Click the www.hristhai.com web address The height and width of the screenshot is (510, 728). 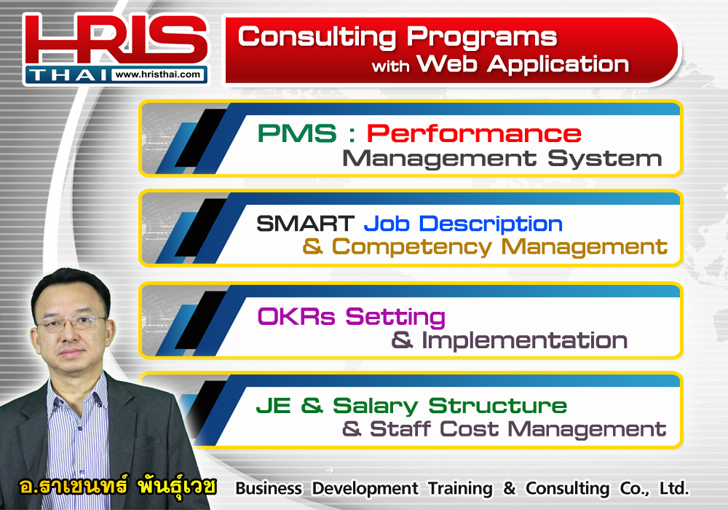(x=157, y=74)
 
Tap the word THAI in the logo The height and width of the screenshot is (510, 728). (x=68, y=75)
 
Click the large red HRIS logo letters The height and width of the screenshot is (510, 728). (x=116, y=39)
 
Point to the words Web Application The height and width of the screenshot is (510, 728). (x=523, y=63)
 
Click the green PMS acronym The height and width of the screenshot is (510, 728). (x=297, y=133)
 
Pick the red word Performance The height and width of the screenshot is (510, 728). (x=474, y=134)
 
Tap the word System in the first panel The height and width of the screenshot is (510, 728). (x=605, y=158)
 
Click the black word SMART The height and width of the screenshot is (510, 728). (x=305, y=224)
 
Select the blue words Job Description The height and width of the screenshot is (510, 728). (x=463, y=224)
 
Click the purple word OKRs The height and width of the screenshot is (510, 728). (x=296, y=317)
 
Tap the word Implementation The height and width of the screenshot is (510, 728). (x=524, y=340)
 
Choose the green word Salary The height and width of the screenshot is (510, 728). (x=375, y=406)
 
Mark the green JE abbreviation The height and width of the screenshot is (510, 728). (x=274, y=406)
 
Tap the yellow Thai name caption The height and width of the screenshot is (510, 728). (x=117, y=486)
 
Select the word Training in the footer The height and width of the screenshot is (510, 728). (x=460, y=489)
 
